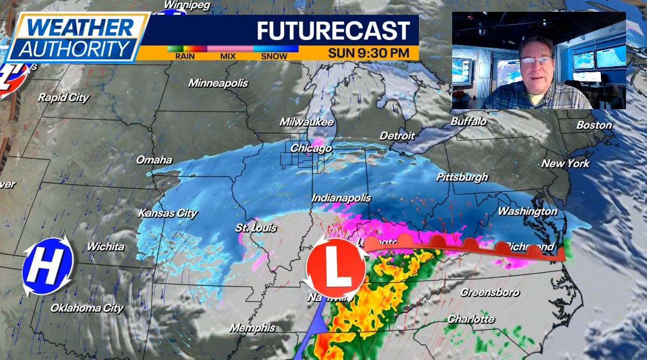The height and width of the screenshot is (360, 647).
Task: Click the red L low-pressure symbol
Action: pos(336,268)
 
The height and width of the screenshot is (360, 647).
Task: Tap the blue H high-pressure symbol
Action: pos(48,266)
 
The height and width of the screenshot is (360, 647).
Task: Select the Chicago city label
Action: pos(311,149)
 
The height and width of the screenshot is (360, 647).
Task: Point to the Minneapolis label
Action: pos(218,83)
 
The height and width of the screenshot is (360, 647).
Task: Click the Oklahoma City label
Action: pos(87,308)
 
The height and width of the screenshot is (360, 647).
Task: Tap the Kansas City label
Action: pos(168,213)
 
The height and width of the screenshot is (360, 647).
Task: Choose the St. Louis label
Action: pos(256,228)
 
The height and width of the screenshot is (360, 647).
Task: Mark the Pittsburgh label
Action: pos(462,177)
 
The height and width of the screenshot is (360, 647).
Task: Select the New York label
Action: pos(565,164)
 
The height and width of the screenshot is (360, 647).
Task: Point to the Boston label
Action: pos(594,125)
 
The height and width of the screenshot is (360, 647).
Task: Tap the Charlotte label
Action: pos(471,319)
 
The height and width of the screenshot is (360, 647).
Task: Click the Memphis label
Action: pos(252,328)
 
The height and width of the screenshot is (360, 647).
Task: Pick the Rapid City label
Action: pos(63,97)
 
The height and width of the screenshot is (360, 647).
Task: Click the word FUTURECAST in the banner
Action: pos(333,31)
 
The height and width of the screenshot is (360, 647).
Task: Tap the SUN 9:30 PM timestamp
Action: pos(369,52)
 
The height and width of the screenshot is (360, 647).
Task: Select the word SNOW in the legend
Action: pos(274,56)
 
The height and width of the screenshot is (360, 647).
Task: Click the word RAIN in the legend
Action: pos(185,56)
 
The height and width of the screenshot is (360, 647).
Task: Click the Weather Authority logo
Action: pos(77,37)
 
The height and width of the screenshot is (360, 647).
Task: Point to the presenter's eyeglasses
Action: pos(535,60)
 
